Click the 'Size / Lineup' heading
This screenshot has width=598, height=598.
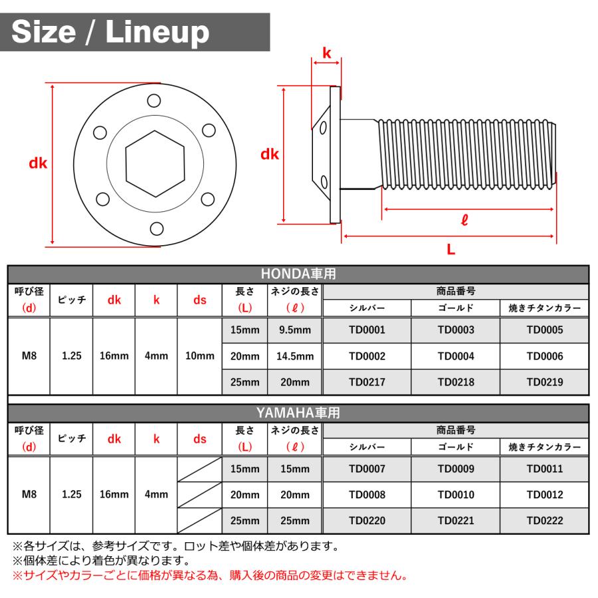(110, 31)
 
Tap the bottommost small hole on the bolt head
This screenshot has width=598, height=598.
(157, 228)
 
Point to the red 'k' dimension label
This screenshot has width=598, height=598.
(326, 52)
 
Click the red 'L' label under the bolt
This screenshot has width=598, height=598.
(450, 249)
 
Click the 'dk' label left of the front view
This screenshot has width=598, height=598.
(38, 163)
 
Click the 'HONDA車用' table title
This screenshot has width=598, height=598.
(298, 274)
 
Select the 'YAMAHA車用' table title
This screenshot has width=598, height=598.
(298, 413)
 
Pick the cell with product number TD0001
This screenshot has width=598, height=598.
(367, 330)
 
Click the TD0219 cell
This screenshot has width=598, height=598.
(544, 382)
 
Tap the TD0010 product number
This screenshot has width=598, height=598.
(456, 495)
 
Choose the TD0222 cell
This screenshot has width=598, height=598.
(544, 521)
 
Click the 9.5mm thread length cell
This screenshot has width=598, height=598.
(294, 330)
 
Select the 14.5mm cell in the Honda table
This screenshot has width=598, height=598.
(294, 356)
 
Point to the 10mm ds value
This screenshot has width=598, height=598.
(199, 356)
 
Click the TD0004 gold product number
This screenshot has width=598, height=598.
(456, 356)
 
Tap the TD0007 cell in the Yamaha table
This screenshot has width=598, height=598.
(367, 468)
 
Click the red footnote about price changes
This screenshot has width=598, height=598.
(209, 575)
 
